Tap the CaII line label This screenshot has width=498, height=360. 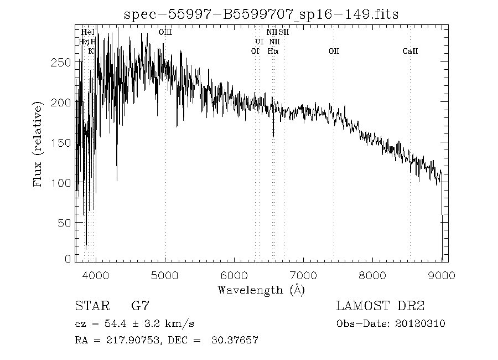point(410,52)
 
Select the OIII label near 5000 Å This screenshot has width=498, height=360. point(165,33)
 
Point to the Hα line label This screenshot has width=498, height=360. point(273,52)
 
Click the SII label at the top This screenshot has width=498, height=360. point(284,33)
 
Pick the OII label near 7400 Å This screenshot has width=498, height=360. point(334,52)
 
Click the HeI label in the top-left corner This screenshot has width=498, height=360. point(87,33)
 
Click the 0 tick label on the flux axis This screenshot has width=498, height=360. point(68,259)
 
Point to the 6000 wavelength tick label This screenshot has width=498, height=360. point(234,276)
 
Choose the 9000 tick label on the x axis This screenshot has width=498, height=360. point(442,276)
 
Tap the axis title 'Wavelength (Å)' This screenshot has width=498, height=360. point(261,290)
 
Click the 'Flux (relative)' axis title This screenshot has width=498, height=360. point(38,144)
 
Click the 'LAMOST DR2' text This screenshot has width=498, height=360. point(380,306)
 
